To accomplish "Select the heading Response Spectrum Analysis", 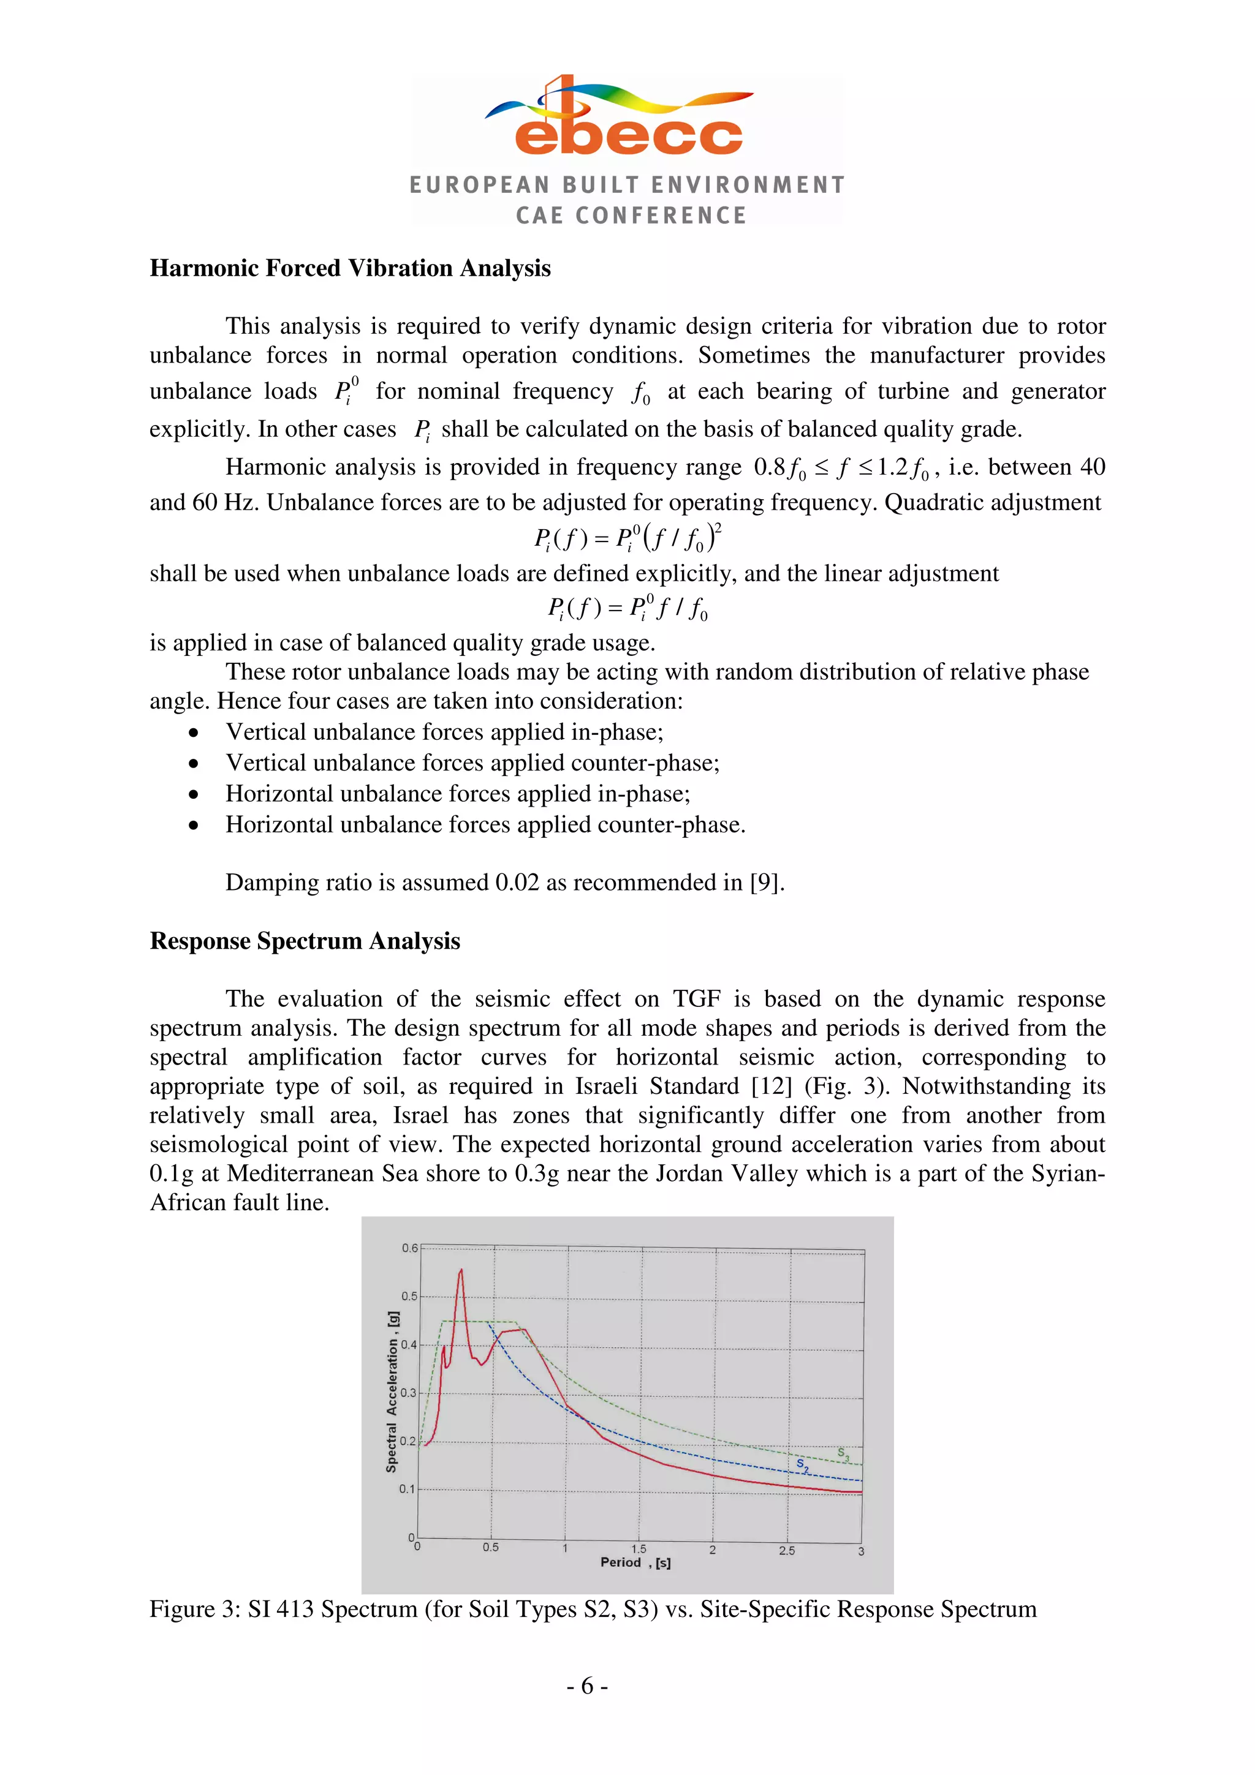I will (x=305, y=941).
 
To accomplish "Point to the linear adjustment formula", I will (x=627, y=608).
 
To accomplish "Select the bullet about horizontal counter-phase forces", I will (x=485, y=825).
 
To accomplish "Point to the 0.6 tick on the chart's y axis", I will (x=409, y=1248).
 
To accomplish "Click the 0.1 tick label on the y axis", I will (x=408, y=1489).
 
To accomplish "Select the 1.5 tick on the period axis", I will (x=639, y=1548).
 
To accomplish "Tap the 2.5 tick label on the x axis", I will (x=786, y=1550).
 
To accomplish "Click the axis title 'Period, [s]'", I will (x=635, y=1562).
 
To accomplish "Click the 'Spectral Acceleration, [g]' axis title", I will (x=392, y=1392).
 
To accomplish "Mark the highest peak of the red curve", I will (x=461, y=1270).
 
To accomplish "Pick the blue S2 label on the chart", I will (x=803, y=1466).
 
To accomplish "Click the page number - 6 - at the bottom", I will (x=588, y=1686).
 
